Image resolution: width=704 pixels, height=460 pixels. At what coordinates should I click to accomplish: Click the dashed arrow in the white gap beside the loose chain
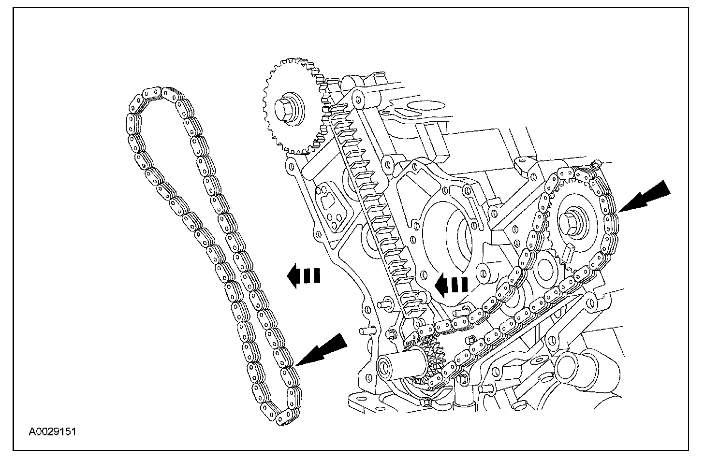[304, 276]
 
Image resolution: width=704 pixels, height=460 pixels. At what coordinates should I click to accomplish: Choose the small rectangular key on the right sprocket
[569, 252]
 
